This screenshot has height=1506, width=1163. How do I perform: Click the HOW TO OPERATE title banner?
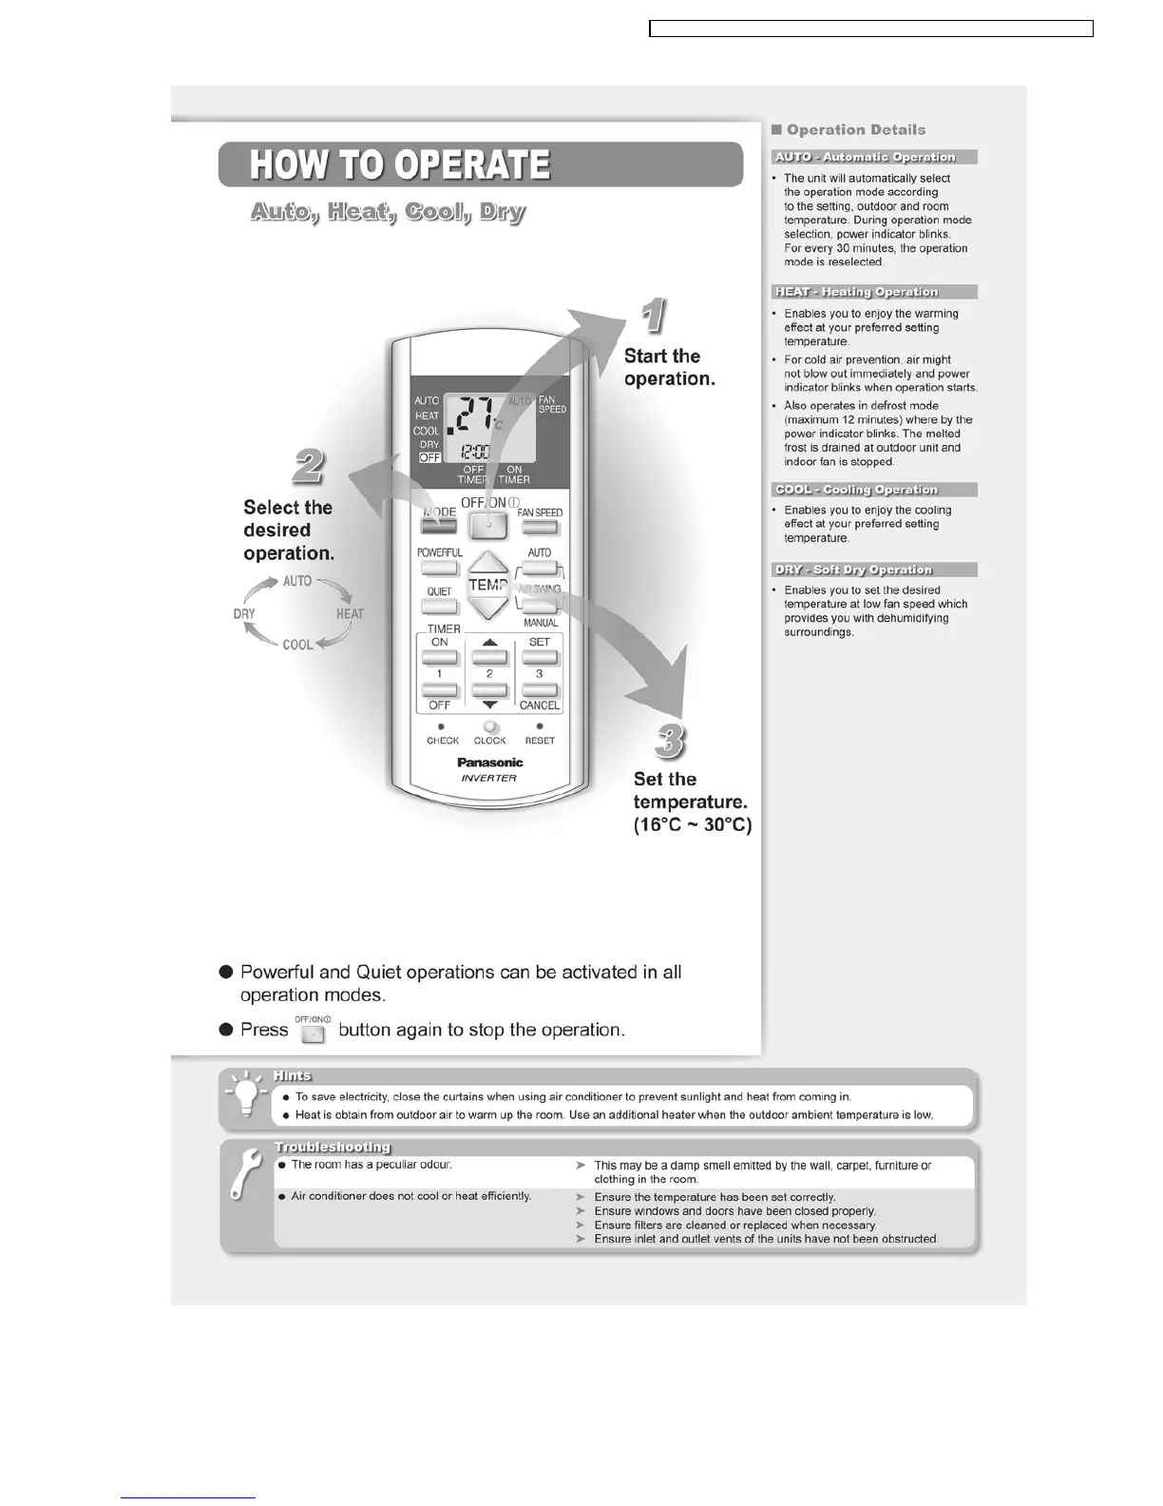(480, 164)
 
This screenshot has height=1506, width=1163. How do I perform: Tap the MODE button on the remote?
(438, 526)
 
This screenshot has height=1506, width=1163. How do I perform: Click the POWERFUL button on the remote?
(439, 568)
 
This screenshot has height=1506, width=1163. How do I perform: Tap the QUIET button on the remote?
(439, 607)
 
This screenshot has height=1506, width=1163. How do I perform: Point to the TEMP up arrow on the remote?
(488, 563)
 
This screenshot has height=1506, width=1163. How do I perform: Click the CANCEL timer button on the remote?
(540, 691)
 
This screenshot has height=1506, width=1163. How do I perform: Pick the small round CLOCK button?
(490, 727)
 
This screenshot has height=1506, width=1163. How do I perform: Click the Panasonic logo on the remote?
(490, 763)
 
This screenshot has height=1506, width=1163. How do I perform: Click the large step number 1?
(653, 317)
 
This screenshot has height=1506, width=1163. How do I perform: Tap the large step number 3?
(670, 741)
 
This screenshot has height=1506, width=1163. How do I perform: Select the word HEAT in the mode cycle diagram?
(350, 614)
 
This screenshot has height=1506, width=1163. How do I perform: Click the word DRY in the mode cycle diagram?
(244, 614)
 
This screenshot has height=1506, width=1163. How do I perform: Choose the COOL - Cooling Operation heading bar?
(874, 490)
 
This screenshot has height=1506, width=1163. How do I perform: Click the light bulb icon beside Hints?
(246, 1098)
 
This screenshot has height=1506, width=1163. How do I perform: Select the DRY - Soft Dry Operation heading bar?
(874, 570)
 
